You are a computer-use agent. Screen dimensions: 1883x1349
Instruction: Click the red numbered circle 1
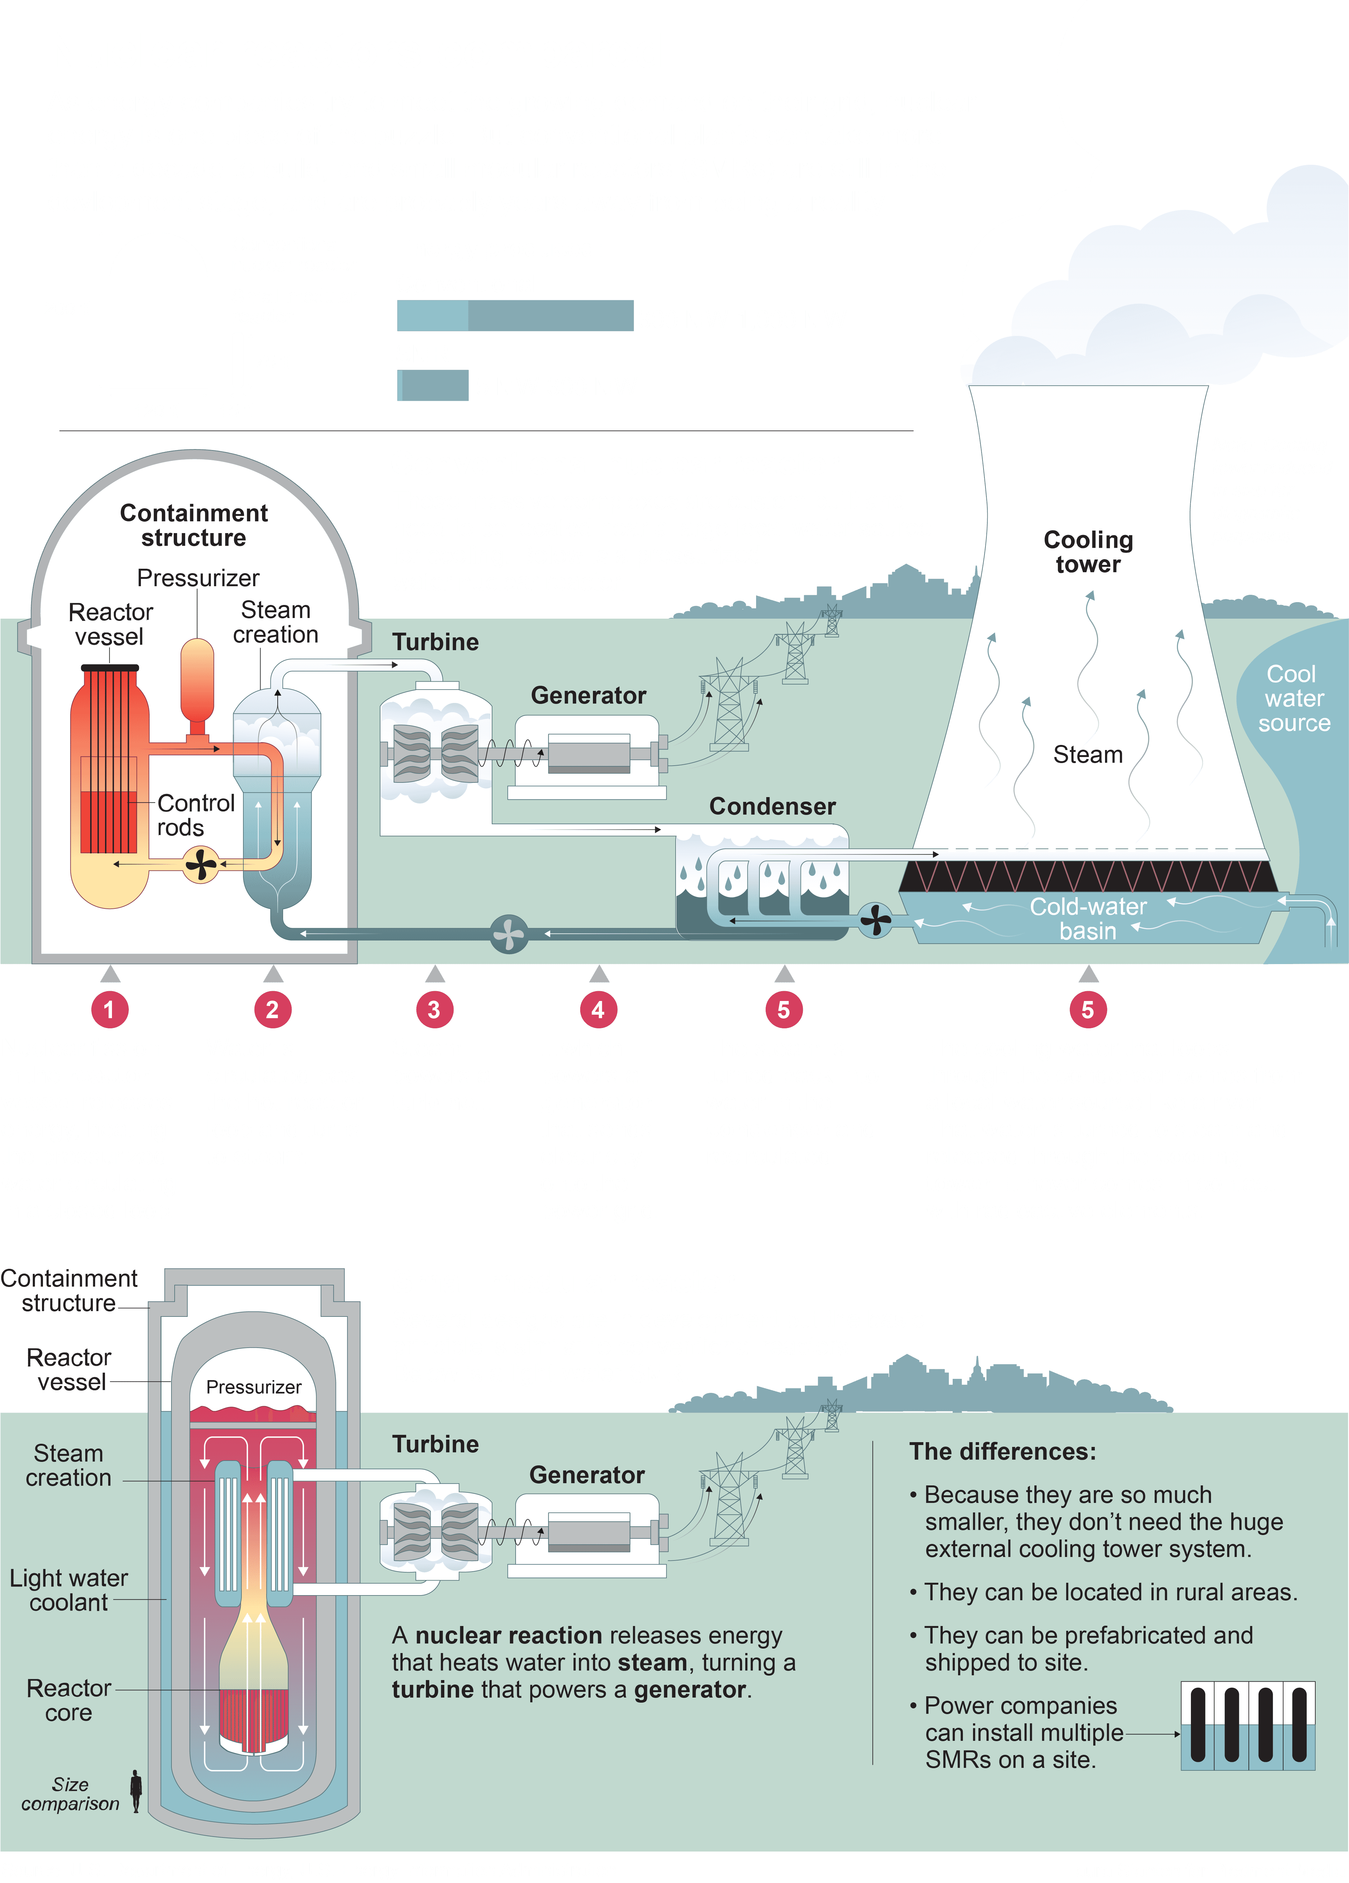coord(109,1010)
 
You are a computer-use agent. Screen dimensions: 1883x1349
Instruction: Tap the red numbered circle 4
coord(598,1010)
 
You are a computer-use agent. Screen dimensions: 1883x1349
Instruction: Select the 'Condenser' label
coord(772,806)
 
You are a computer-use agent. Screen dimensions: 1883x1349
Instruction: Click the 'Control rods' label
coord(196,815)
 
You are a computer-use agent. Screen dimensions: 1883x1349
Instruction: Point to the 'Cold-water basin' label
coord(1088,918)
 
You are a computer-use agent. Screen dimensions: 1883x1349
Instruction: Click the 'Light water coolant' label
coord(69,1590)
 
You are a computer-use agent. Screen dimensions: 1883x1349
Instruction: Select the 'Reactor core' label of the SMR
coord(69,1699)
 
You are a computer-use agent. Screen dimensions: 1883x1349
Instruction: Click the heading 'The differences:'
coord(1002,1451)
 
